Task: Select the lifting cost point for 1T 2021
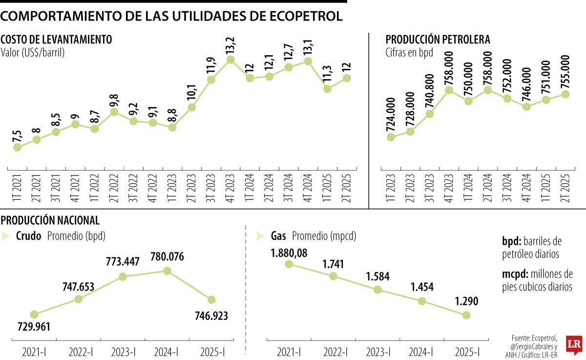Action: [x=17, y=147]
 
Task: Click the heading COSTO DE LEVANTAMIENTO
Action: [x=57, y=40]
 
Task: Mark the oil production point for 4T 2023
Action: [x=449, y=90]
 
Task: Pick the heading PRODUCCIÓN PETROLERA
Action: [x=438, y=40]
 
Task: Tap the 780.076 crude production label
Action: [x=167, y=256]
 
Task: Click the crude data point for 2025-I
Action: [x=211, y=299]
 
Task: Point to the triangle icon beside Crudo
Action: [x=6, y=236]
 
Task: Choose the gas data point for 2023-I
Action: [x=377, y=289]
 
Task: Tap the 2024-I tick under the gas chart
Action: [x=421, y=352]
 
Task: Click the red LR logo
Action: [x=573, y=344]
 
